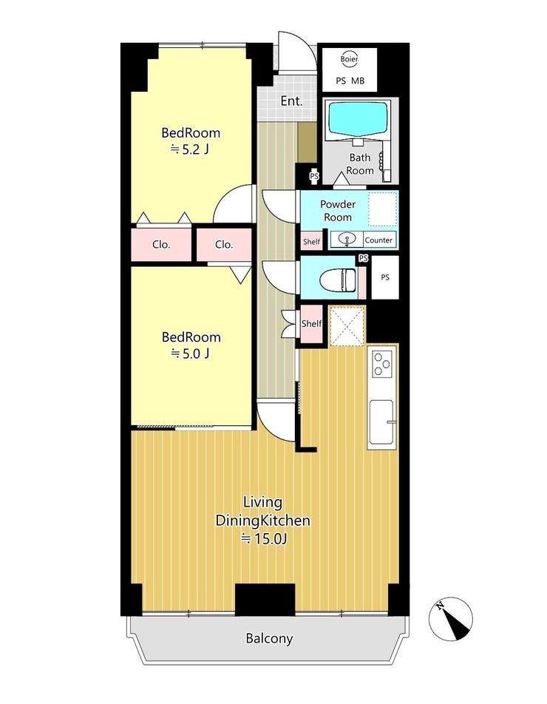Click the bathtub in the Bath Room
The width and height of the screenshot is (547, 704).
[x=358, y=118]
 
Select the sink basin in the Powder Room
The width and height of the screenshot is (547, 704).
[x=347, y=239]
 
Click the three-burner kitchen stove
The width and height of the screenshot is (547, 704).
[x=382, y=364]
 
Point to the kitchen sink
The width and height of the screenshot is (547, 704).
[x=382, y=422]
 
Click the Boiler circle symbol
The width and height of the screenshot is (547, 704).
[x=349, y=59]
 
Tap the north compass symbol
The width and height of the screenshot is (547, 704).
[x=450, y=619]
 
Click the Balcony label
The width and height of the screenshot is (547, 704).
[x=269, y=638]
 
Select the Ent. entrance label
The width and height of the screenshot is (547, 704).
[x=292, y=101]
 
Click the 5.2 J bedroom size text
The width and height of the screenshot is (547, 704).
[x=190, y=149]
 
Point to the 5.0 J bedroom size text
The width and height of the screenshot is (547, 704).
[x=190, y=353]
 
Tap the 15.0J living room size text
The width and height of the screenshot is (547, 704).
[x=264, y=538]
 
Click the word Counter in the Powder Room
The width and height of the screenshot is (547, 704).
[x=378, y=240]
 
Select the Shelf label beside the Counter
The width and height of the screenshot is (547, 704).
[x=311, y=242]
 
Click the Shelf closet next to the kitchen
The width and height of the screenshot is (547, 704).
[x=311, y=324]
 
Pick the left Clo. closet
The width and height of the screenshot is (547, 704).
[x=161, y=245]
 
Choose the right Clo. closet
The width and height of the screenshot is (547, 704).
[x=224, y=245]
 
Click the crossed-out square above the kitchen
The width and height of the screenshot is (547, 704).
[x=347, y=326]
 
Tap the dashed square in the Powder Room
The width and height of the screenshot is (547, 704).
[x=383, y=209]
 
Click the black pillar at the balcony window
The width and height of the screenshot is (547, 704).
[x=265, y=600]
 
